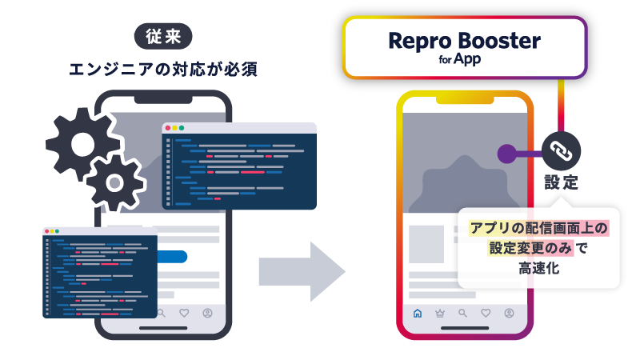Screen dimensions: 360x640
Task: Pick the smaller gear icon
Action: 115,182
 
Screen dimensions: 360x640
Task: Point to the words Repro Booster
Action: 465,41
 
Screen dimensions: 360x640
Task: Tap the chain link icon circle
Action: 562,151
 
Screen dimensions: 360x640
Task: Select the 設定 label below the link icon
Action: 562,181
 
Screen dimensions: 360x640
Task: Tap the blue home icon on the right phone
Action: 417,313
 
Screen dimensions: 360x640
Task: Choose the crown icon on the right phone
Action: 439,313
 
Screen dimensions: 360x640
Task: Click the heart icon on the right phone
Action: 486,313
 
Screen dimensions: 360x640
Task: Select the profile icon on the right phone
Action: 509,313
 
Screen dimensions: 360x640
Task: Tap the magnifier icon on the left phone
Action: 161,313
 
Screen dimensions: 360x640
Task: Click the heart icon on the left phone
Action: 184,313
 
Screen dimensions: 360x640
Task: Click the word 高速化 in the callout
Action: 538,270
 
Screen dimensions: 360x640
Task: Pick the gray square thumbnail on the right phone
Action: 427,245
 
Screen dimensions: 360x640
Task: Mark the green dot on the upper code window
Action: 182,128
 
